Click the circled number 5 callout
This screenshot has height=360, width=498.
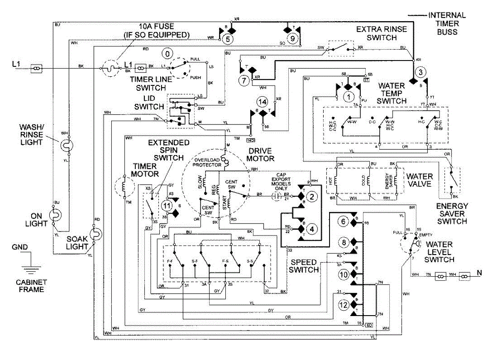click(x=227, y=39)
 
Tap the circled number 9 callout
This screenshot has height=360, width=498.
click(x=293, y=39)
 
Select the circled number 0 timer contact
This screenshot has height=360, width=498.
click(x=167, y=54)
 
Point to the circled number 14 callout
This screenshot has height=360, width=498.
click(x=261, y=101)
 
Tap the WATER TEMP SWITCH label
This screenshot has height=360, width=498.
click(x=391, y=93)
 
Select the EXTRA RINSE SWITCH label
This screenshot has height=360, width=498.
click(x=381, y=33)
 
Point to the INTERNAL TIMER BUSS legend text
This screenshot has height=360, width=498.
click(x=447, y=24)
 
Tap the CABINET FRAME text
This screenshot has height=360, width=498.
click(x=30, y=286)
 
